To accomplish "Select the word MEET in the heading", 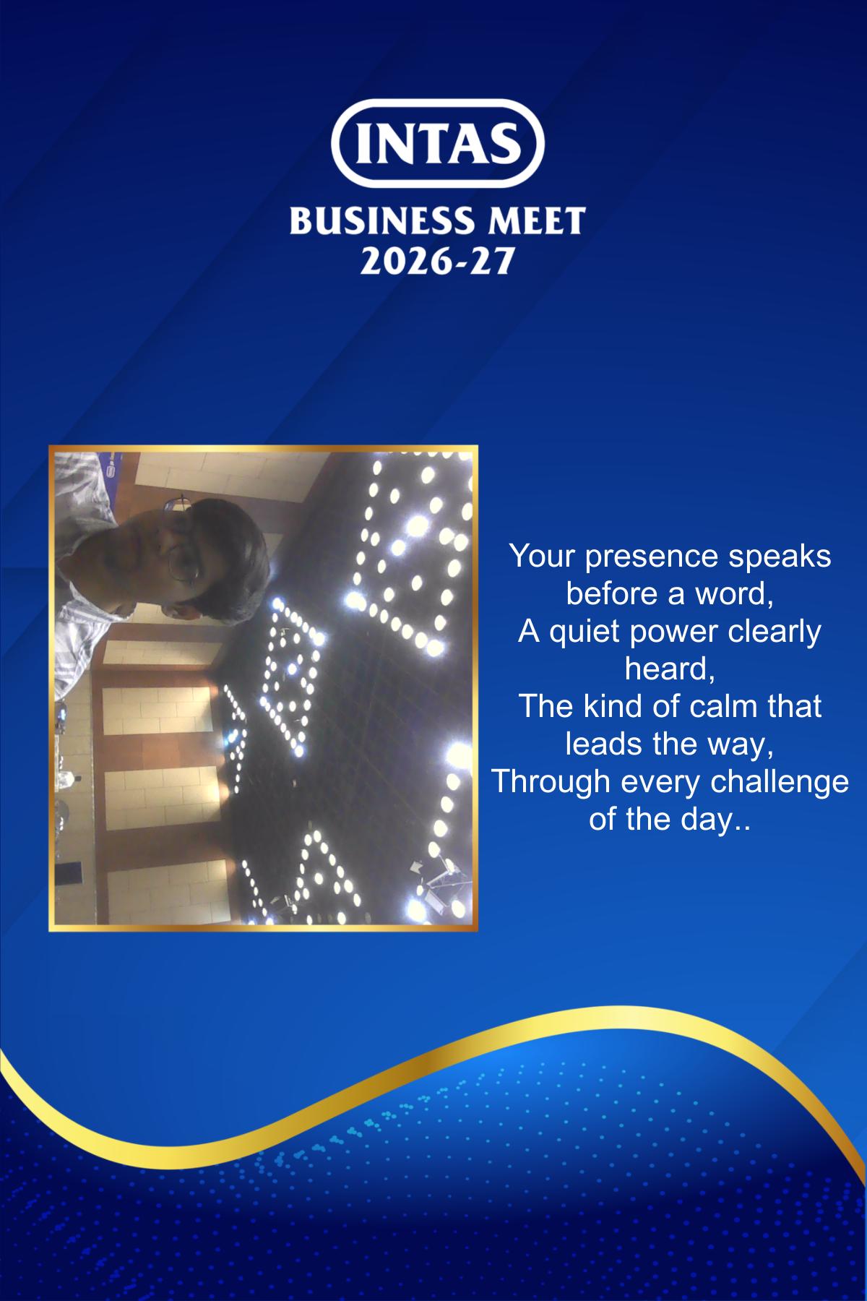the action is (536, 220).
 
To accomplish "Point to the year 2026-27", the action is (436, 260).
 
